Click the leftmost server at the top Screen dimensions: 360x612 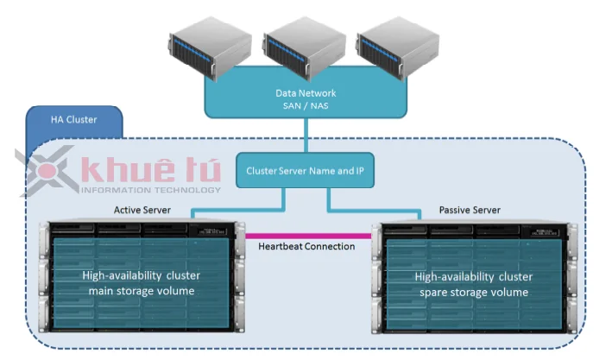point(209,50)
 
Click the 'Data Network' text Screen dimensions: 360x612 point(306,92)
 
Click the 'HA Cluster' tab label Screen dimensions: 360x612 point(73,120)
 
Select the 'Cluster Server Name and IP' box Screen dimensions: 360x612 point(306,171)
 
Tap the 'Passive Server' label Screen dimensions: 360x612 point(470,210)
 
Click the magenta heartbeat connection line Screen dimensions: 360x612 point(306,234)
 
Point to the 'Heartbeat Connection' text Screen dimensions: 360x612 point(306,247)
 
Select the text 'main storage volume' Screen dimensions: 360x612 point(142,291)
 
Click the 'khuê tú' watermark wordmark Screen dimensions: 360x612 point(149,170)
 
